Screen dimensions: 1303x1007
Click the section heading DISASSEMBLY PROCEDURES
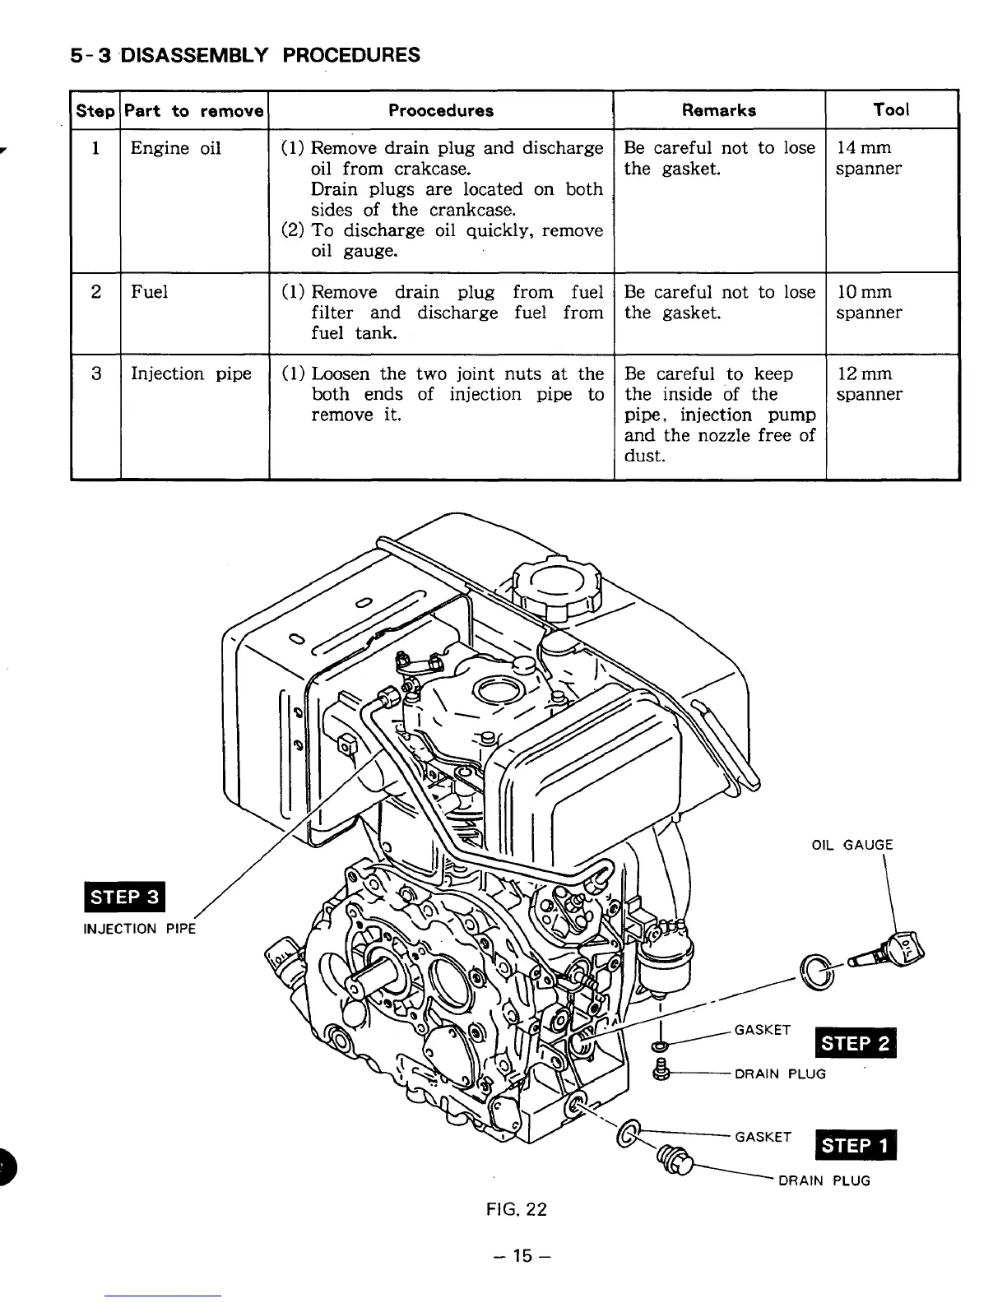click(244, 55)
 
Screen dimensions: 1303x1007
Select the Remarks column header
click(718, 110)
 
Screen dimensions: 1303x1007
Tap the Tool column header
click(891, 109)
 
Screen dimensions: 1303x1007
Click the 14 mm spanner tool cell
click(868, 158)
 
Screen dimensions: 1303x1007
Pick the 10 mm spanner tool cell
click(868, 302)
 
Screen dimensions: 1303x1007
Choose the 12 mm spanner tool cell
click(868, 383)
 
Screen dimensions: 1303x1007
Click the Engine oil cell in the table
click(175, 148)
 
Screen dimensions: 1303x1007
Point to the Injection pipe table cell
click(191, 373)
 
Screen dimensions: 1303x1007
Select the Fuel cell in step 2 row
click(149, 292)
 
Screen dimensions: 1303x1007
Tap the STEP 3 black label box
click(126, 897)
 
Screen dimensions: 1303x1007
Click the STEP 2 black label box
click(854, 1043)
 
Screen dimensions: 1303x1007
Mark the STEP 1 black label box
click(855, 1145)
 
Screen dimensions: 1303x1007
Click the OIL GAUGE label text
click(852, 845)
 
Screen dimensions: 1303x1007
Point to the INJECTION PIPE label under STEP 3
click(140, 929)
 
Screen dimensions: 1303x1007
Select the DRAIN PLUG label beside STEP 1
click(824, 1180)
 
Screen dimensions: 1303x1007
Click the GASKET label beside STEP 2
click(762, 1030)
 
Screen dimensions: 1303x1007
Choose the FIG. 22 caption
click(516, 1209)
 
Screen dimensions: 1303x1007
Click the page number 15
click(518, 1256)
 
